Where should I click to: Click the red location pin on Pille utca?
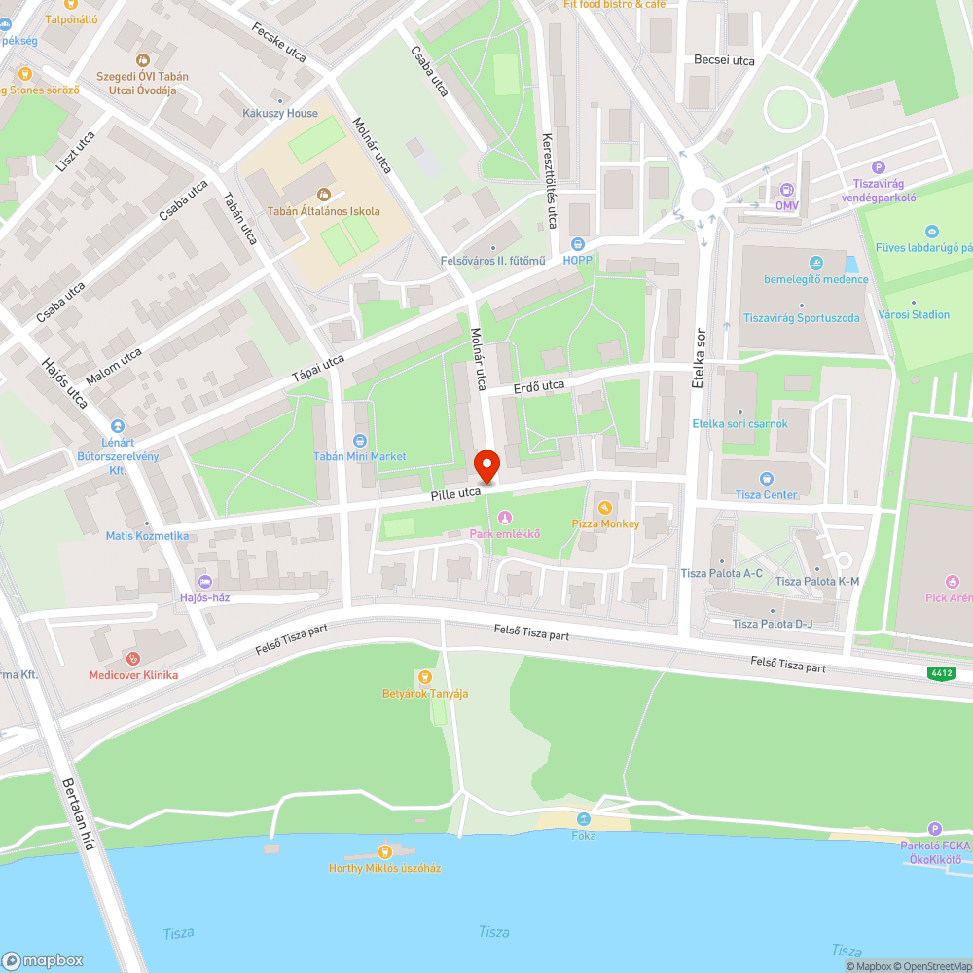pos(486,465)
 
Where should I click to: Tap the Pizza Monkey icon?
pos(605,508)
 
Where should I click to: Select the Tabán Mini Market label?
pos(360,456)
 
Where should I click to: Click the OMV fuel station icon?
pos(786,190)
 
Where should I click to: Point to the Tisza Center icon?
pos(767,479)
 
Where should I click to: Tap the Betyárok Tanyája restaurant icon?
pos(424,677)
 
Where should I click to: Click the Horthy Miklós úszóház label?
pos(384,868)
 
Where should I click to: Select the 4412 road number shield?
pos(941,673)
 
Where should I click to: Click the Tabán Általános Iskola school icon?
pos(324,195)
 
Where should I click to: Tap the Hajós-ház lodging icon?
pos(203,581)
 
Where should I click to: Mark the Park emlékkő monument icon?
pos(504,517)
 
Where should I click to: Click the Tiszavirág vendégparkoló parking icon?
pos(880,167)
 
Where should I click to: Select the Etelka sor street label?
pos(698,359)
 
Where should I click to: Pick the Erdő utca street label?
pos(539,386)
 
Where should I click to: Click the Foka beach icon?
pos(584,819)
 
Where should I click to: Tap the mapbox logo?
pos(43,959)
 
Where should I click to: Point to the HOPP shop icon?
pos(578,244)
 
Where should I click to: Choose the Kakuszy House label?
pos(280,114)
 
